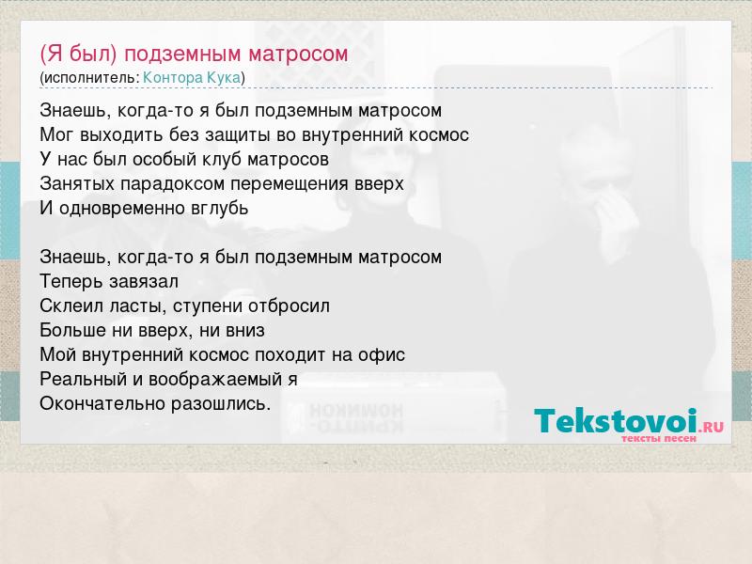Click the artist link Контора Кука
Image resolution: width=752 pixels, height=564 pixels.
(x=192, y=77)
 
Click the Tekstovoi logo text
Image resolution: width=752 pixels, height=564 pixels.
(x=616, y=420)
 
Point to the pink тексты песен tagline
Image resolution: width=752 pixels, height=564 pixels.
(x=659, y=438)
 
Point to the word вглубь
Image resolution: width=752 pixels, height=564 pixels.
(x=218, y=209)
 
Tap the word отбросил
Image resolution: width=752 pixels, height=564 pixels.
(x=289, y=306)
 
